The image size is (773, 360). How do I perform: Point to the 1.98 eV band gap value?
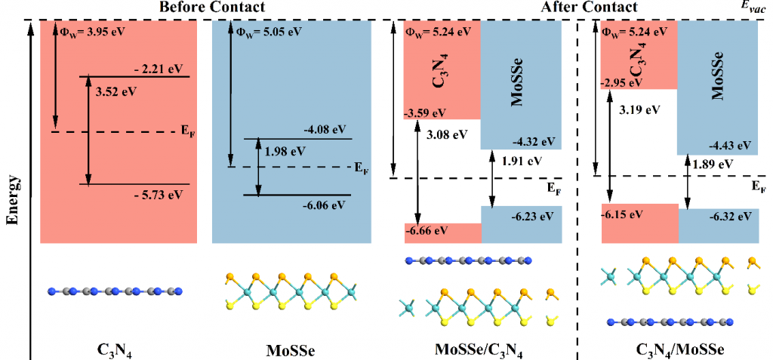point(285,151)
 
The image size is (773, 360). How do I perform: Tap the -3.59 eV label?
point(425,114)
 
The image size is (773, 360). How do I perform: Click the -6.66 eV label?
point(425,230)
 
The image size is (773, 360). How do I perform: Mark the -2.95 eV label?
point(622,82)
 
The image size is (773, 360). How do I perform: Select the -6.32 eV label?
point(729,216)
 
